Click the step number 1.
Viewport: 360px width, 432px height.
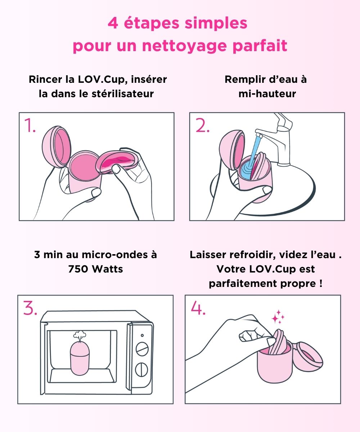coord(30,125)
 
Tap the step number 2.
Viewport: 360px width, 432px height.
coord(202,125)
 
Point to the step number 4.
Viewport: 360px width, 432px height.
coord(198,308)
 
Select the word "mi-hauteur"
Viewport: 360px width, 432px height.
coord(267,94)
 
